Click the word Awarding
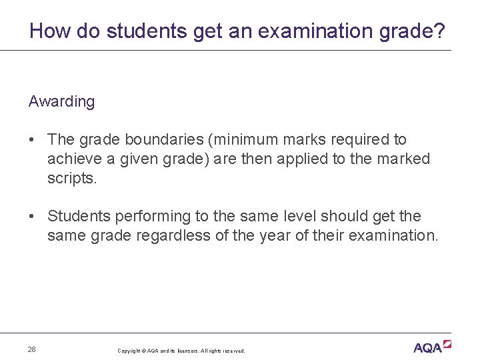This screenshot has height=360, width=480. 61,102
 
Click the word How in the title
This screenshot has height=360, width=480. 45,31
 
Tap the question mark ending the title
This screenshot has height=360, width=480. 441,31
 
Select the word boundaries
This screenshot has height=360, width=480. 154,140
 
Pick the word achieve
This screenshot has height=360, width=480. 73,159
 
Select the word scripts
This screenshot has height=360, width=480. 72,179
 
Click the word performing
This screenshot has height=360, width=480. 149,217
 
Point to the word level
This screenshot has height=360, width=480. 297,217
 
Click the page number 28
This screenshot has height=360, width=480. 32,349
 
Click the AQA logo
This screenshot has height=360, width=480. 431,347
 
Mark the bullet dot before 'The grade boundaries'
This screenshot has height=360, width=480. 32,140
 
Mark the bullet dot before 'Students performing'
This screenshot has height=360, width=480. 32,217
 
